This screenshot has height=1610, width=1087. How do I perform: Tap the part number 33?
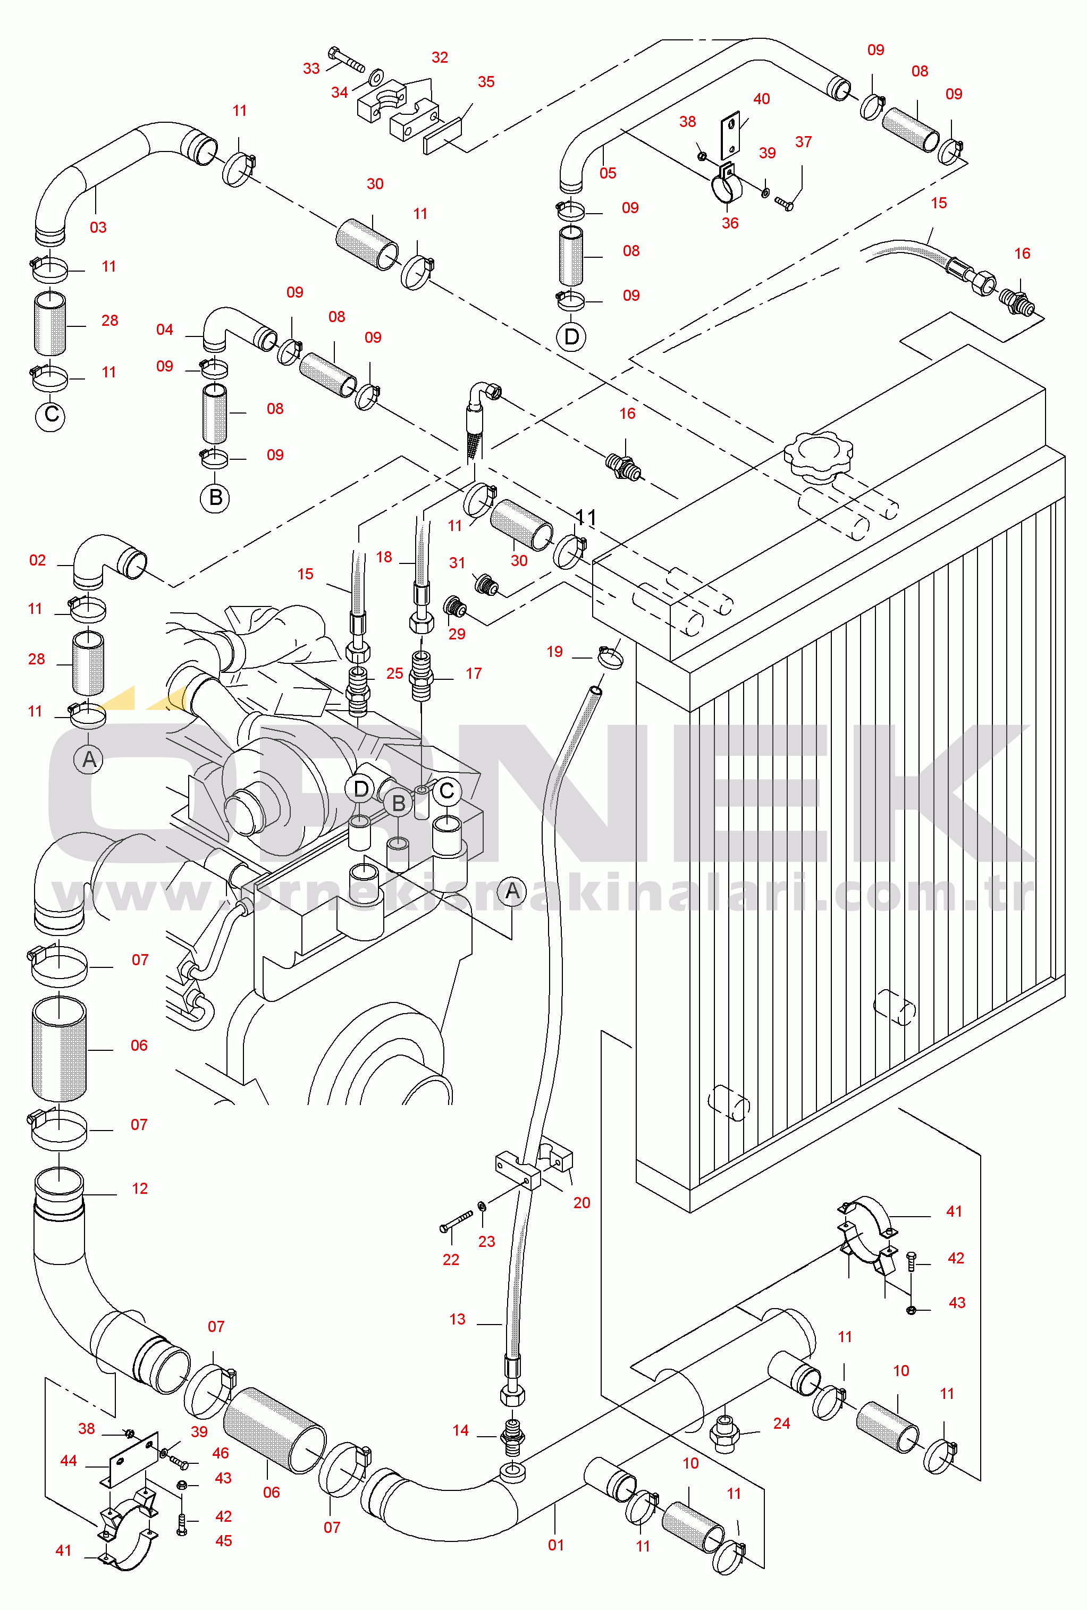point(311,69)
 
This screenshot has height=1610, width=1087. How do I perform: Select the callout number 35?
point(486,82)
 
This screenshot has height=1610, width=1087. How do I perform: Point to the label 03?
point(98,227)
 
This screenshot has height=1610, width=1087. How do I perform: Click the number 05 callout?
point(608,173)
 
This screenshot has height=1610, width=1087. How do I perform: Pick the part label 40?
point(761,99)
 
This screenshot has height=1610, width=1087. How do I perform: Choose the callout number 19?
point(554,651)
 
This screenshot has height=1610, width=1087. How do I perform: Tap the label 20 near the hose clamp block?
point(582,1203)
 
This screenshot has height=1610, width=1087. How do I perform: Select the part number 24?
point(781,1423)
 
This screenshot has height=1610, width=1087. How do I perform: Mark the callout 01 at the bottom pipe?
point(555,1545)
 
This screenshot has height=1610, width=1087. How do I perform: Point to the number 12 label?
point(139,1189)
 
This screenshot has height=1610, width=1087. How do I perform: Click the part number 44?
point(68,1461)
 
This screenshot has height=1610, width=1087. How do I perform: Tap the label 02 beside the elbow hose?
point(37,560)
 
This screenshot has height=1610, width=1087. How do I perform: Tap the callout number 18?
point(384,557)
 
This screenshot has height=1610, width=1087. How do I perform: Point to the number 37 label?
point(803,142)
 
